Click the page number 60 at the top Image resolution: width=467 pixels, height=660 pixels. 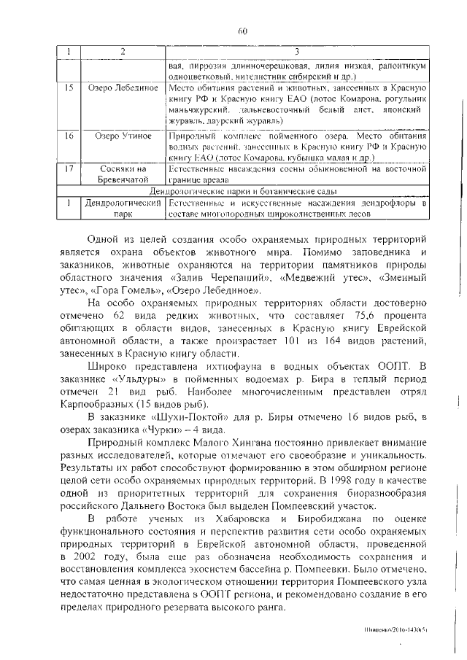click(242, 30)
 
